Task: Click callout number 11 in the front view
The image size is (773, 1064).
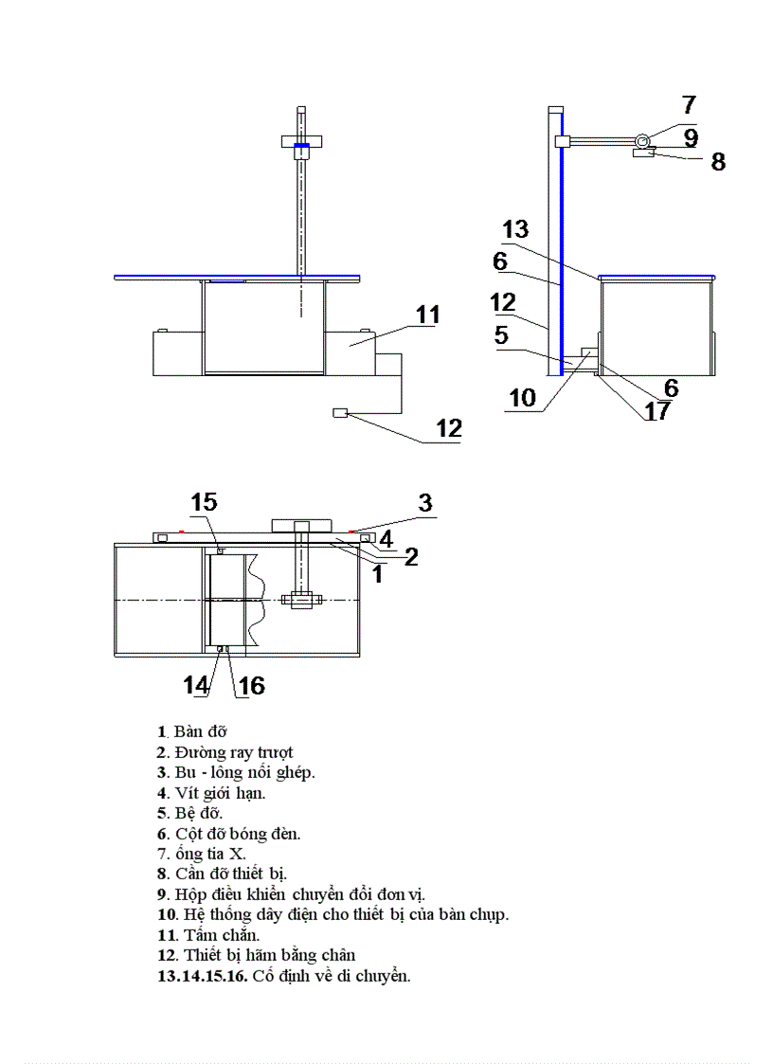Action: pos(428,315)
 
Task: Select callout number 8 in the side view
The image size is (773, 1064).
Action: pos(718,162)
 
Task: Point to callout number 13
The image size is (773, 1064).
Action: pos(515,229)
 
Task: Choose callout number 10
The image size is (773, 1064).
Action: pos(522,398)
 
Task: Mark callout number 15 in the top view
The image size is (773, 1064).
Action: pos(204,502)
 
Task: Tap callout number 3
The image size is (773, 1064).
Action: pos(425,502)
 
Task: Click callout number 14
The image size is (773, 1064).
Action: pos(197,684)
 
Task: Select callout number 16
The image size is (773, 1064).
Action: pos(251,684)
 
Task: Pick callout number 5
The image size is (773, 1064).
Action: pos(501,334)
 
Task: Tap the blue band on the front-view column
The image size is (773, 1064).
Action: pos(301,145)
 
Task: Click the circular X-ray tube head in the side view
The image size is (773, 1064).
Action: pos(643,141)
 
